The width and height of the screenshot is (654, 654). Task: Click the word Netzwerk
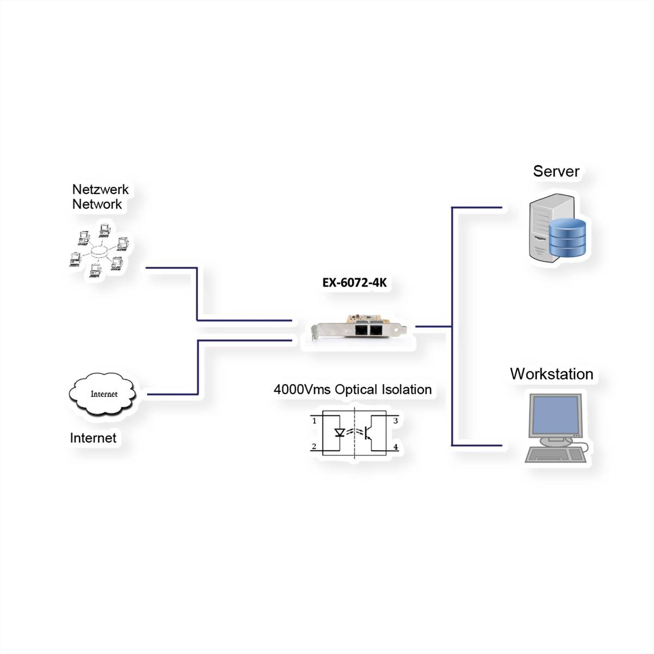coord(100,189)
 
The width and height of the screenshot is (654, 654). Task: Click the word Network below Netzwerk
coord(97,204)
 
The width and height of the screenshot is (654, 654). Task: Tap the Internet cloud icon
coord(103,394)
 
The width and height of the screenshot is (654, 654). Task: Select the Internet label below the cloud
coord(93,438)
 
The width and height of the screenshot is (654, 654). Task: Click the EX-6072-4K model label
coord(354,283)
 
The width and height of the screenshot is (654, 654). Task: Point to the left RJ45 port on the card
coord(361,330)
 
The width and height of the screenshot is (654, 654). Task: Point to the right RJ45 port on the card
coord(376,330)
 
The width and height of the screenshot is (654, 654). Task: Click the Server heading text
coord(556,171)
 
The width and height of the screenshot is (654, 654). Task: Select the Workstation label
coord(552,374)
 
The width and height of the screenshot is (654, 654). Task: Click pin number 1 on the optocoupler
coord(314,421)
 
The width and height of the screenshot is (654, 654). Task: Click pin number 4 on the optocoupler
coord(396,447)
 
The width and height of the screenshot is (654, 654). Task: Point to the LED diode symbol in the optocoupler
coord(340,433)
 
